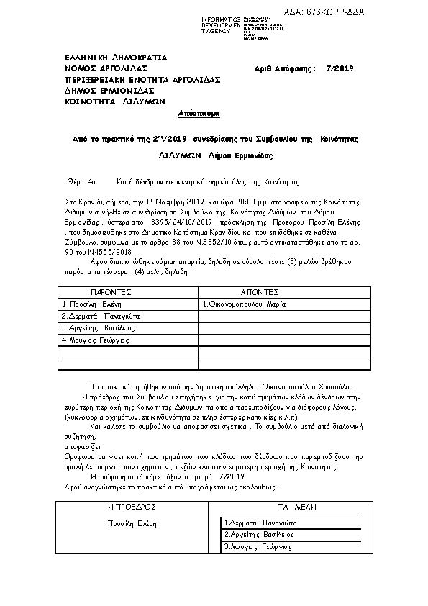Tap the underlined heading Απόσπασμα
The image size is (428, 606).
click(199, 114)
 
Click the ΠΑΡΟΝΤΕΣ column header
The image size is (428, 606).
click(110, 294)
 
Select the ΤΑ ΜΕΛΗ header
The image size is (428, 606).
click(292, 507)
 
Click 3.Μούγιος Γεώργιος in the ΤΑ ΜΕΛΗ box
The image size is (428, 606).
click(258, 547)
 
